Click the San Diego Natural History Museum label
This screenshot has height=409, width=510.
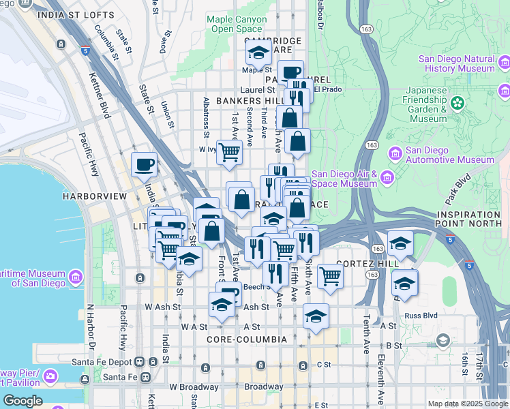tap(451, 63)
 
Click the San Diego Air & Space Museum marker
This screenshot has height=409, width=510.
tap(387, 178)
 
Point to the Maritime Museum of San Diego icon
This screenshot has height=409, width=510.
tap(75, 277)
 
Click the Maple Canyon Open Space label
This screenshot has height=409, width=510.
tap(237, 25)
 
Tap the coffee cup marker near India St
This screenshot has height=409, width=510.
tap(144, 164)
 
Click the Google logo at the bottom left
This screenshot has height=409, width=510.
tap(23, 401)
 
